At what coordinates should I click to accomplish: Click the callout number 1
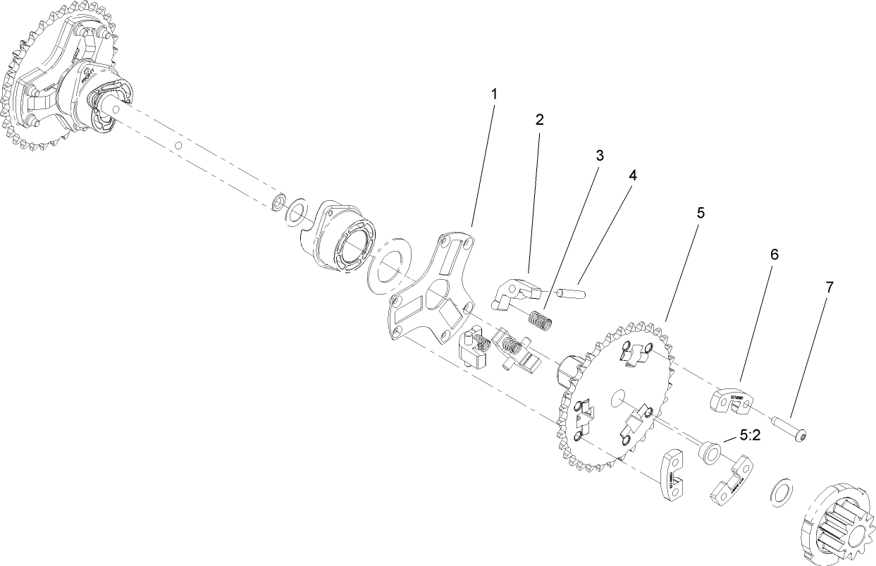tap(494, 93)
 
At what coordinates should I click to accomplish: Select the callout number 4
tap(632, 176)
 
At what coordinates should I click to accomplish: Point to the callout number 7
tap(829, 287)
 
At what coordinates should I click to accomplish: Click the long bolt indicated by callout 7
tap(789, 429)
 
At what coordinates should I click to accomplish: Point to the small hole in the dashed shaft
tap(179, 146)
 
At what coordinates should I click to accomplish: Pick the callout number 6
tap(774, 254)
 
